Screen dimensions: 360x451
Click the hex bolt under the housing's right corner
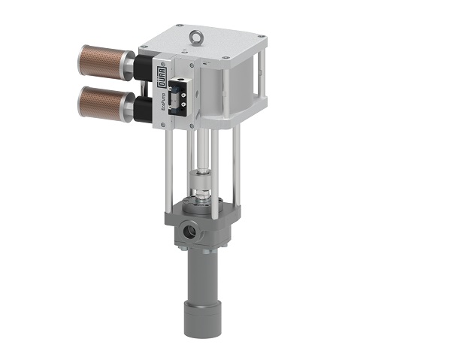point(223,246)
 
